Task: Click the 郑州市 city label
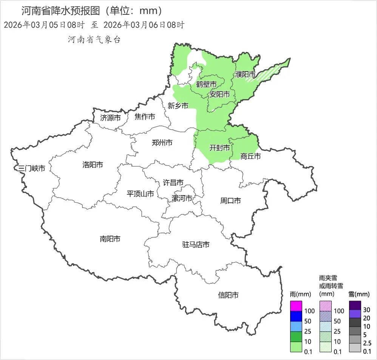click(x=162, y=143)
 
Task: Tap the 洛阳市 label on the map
click(x=93, y=164)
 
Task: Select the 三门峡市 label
click(x=32, y=168)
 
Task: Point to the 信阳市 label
click(x=228, y=295)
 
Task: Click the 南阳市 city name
click(x=110, y=239)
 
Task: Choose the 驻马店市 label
click(x=196, y=245)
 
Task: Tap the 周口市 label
click(x=230, y=201)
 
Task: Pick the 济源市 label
click(x=110, y=118)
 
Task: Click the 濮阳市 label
click(x=245, y=74)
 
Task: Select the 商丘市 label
click(x=250, y=156)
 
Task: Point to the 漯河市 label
click(x=182, y=199)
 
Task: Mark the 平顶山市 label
click(x=140, y=194)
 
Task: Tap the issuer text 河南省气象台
click(x=94, y=40)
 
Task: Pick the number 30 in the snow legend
click(x=367, y=309)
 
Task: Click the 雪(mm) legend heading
click(x=358, y=294)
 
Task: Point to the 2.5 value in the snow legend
click(x=367, y=343)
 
